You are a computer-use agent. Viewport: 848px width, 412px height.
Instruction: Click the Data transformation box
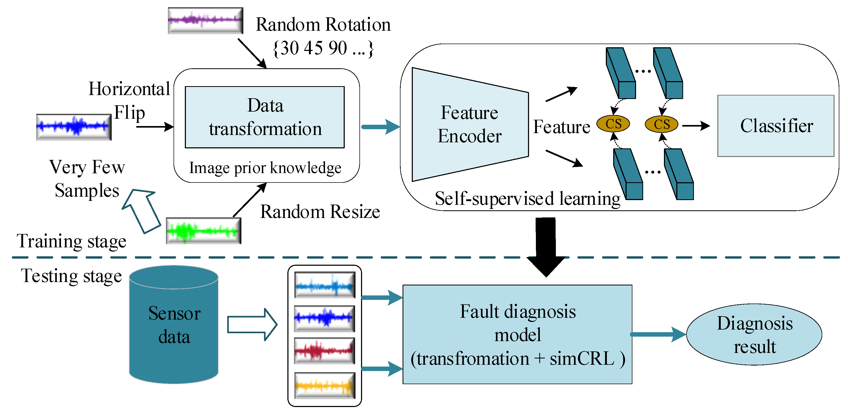(x=265, y=117)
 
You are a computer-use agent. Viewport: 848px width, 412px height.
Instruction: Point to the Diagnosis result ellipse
(x=754, y=334)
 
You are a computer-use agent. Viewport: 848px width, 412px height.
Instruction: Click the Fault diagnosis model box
(x=517, y=334)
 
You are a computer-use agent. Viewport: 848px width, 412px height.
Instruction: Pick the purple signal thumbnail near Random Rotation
(x=205, y=20)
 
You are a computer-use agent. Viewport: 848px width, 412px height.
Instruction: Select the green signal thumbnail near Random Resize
(x=204, y=231)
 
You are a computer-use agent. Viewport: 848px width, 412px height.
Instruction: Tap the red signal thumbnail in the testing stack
(x=324, y=351)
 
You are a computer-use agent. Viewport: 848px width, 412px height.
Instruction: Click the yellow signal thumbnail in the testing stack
(x=324, y=385)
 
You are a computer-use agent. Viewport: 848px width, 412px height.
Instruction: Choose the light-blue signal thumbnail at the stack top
(x=324, y=285)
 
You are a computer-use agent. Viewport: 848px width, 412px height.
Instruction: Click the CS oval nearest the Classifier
(x=661, y=124)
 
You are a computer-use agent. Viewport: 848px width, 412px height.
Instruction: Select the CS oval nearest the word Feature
(x=613, y=124)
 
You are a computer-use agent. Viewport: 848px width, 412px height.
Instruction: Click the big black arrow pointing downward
(x=546, y=247)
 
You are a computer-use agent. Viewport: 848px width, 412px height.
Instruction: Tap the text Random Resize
(x=320, y=211)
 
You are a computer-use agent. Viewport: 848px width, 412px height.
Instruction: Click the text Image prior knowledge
(x=265, y=168)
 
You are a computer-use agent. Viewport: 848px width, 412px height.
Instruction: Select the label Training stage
(x=72, y=241)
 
